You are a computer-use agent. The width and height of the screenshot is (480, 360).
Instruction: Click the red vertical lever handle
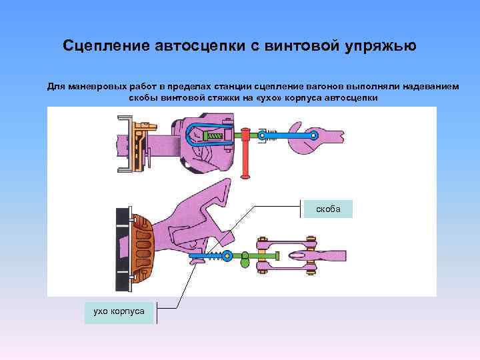tap(246, 153)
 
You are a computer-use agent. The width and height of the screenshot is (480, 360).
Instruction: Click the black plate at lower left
tap(123, 250)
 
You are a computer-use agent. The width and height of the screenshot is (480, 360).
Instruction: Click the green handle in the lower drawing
tap(245, 255)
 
